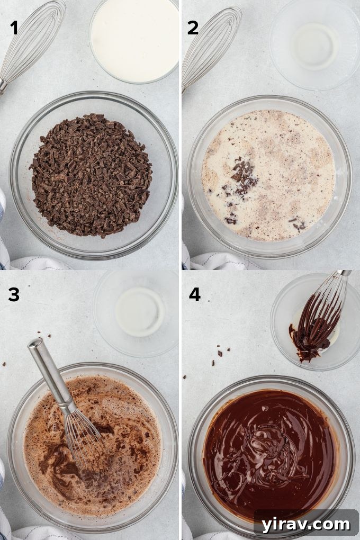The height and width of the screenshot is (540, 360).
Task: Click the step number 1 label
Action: pos(14,27)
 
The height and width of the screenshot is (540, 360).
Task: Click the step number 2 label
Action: pos(193,27)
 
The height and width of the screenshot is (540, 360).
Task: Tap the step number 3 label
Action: pos(14,294)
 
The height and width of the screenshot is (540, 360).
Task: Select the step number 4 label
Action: pos(194,294)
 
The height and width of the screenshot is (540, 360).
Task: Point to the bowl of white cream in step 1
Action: pos(134,40)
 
